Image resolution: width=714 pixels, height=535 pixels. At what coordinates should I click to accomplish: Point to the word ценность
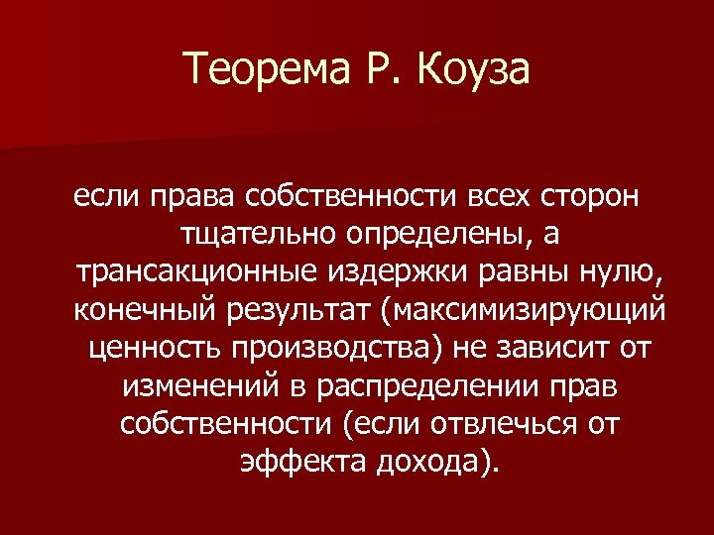[x=147, y=349]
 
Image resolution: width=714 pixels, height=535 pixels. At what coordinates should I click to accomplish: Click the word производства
[x=322, y=349]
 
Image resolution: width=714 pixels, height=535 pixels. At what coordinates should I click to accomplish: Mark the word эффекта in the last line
[x=294, y=462]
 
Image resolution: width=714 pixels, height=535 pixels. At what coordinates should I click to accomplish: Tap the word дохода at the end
[x=432, y=462]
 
